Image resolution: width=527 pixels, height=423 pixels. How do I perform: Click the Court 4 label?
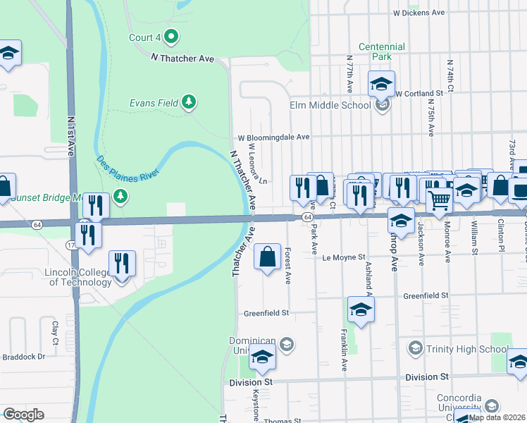point(145,37)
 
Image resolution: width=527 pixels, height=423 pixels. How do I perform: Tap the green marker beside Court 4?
point(170,37)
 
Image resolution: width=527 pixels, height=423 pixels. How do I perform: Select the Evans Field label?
point(154,103)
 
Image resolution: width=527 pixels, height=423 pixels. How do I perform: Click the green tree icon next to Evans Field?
point(188,103)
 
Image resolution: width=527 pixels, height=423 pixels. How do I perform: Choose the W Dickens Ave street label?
point(419,13)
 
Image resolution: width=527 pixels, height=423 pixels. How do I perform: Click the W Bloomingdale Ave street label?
point(273,137)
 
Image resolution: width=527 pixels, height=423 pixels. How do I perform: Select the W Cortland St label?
point(418,93)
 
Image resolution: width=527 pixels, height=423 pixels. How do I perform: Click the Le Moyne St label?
point(345,258)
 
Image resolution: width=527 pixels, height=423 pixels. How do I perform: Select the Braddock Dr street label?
point(23,357)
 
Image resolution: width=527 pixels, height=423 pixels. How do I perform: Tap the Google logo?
point(23,415)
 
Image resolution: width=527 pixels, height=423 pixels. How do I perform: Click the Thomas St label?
point(282,421)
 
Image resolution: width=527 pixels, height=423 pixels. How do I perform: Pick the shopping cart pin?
point(440,201)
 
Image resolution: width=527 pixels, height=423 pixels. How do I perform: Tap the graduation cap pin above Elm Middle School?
point(381,84)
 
